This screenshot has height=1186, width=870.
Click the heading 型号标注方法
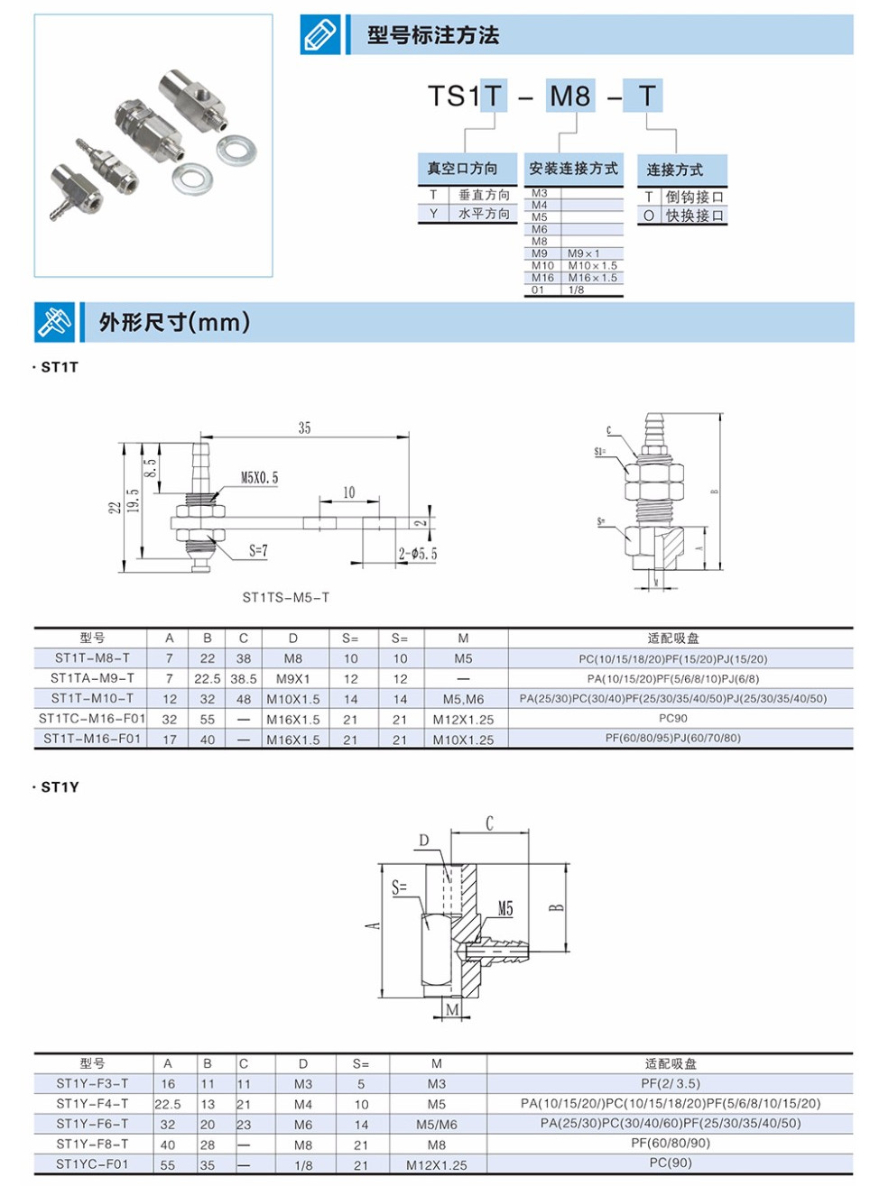pos(432,35)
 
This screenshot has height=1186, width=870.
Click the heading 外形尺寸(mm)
pos(174,322)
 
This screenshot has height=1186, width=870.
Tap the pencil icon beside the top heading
pos(320,35)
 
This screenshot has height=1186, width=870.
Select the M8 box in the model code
pos(569,96)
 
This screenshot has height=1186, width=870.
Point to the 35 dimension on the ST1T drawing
pos(304,428)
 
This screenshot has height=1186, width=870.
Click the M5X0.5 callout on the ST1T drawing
pos(259,478)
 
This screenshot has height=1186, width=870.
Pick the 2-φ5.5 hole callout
pos(417,554)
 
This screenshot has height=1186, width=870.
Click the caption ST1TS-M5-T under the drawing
pos(285,597)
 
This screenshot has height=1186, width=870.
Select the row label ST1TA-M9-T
pos(92,678)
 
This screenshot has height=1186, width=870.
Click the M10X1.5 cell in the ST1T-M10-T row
pos(292,699)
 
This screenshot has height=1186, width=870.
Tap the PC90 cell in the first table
pos(672,719)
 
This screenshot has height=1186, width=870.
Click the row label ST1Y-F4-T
pos(92,1104)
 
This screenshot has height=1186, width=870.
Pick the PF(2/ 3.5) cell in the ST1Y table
pos(670,1084)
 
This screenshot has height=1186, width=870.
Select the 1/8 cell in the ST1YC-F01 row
pos(303,1165)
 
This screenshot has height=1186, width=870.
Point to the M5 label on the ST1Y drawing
pos(505,909)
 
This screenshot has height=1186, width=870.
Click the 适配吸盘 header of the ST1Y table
pos(670,1064)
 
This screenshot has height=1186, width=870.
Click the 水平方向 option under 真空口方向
pos(484,214)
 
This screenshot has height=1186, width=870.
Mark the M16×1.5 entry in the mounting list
pos(592,278)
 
